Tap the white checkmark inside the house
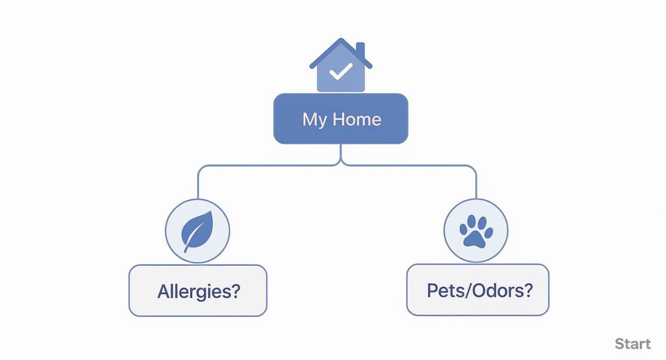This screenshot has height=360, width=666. (x=341, y=72)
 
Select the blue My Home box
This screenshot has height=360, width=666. (x=341, y=119)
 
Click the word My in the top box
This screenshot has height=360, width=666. (x=314, y=120)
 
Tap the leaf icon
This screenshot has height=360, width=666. (x=197, y=231)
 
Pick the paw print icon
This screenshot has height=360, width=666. (x=476, y=231)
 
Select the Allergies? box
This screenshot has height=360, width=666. (x=198, y=291)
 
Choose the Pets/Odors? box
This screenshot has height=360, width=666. (x=477, y=290)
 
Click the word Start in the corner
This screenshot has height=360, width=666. (x=633, y=344)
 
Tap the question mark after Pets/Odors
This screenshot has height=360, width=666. (x=528, y=290)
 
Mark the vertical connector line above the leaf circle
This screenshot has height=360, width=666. (x=198, y=184)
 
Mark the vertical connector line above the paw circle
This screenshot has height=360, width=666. (x=476, y=184)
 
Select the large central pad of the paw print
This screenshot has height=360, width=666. (x=476, y=237)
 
